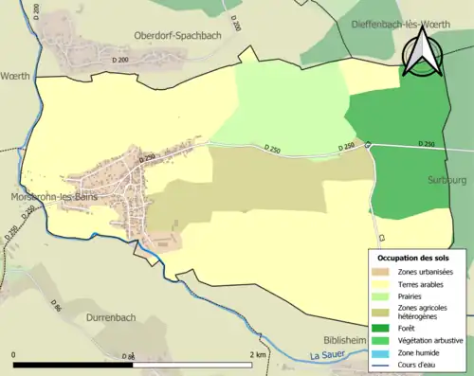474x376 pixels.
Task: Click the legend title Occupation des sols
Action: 413,257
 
